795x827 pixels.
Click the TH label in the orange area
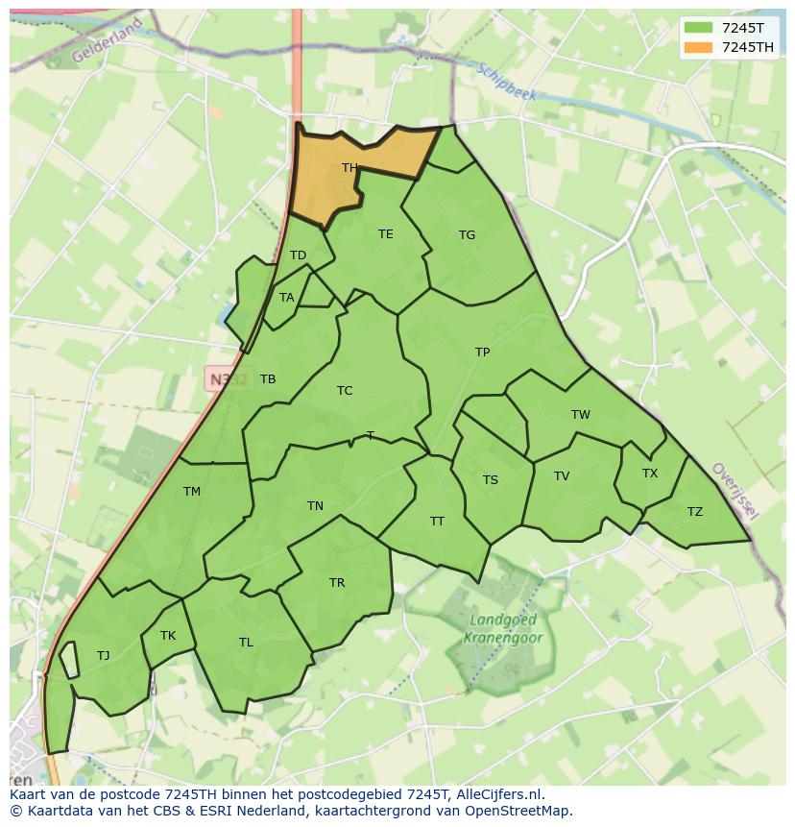pyautogui.click(x=349, y=168)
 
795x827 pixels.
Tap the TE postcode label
pyautogui.click(x=385, y=234)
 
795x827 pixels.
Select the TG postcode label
pyautogui.click(x=467, y=235)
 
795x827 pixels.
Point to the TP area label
pyautogui.click(x=482, y=353)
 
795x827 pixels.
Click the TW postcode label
pyautogui.click(x=580, y=415)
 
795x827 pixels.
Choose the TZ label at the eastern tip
pyautogui.click(x=694, y=512)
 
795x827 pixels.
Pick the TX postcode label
pyautogui.click(x=650, y=474)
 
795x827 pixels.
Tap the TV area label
pyautogui.click(x=562, y=476)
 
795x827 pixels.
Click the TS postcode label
pyautogui.click(x=491, y=480)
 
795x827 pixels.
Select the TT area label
pyautogui.click(x=437, y=522)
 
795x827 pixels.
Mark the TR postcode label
pyautogui.click(x=337, y=583)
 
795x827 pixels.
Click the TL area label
pyautogui.click(x=246, y=643)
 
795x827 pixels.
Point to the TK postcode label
pyautogui.click(x=168, y=636)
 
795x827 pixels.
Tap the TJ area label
pyautogui.click(x=103, y=656)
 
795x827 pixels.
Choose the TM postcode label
pyautogui.click(x=192, y=492)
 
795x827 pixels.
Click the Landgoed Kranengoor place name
pyautogui.click(x=503, y=629)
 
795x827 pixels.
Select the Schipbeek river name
pyautogui.click(x=506, y=82)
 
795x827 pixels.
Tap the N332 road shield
pyautogui.click(x=228, y=378)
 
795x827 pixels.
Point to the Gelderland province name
pyautogui.click(x=106, y=40)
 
